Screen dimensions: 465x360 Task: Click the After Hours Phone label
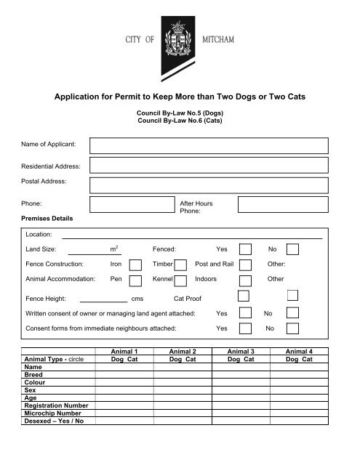coord(196,208)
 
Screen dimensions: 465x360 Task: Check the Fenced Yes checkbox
coord(245,250)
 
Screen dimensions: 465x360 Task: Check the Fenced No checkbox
coord(292,250)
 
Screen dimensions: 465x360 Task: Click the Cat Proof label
coord(188,299)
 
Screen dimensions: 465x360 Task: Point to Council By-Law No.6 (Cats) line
coord(180,120)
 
